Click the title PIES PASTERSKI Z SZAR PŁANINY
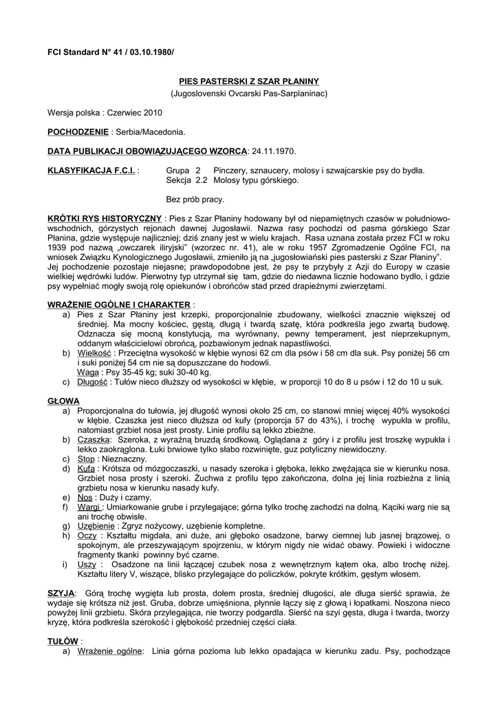click(x=248, y=81)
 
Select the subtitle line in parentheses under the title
click(x=248, y=92)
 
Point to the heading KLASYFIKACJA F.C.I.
click(x=91, y=170)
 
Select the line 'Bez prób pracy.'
click(x=195, y=199)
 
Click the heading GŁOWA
click(x=63, y=400)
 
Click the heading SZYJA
click(x=61, y=592)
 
